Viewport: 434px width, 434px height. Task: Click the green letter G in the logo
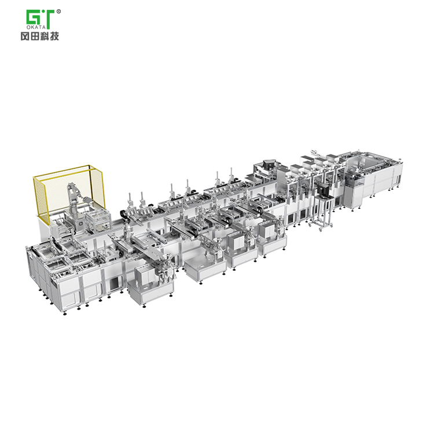(x=33, y=17)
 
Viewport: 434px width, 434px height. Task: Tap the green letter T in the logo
(x=49, y=19)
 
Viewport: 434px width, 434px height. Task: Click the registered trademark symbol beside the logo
(x=58, y=12)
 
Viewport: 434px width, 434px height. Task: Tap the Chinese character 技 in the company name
(x=54, y=36)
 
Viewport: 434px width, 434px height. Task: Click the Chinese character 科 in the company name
(x=45, y=36)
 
